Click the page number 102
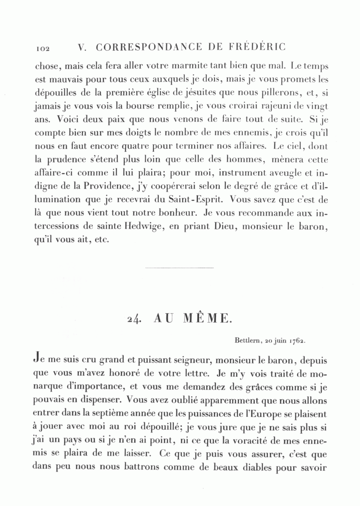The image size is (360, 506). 42,48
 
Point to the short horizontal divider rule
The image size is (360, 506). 180,267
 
